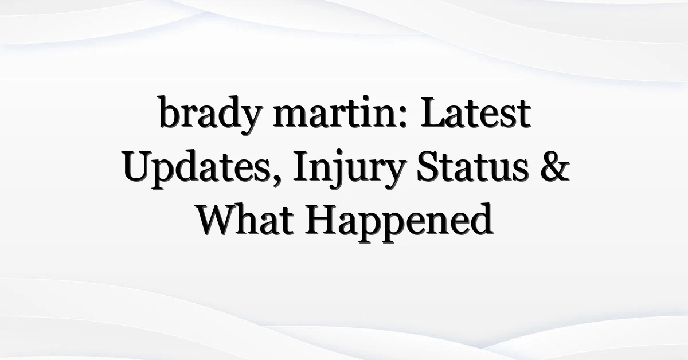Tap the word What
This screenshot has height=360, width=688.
coord(244,220)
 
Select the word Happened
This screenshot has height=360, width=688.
coord(399,222)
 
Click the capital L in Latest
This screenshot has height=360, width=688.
coord(433,112)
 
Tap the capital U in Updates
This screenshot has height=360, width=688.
coord(137,166)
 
